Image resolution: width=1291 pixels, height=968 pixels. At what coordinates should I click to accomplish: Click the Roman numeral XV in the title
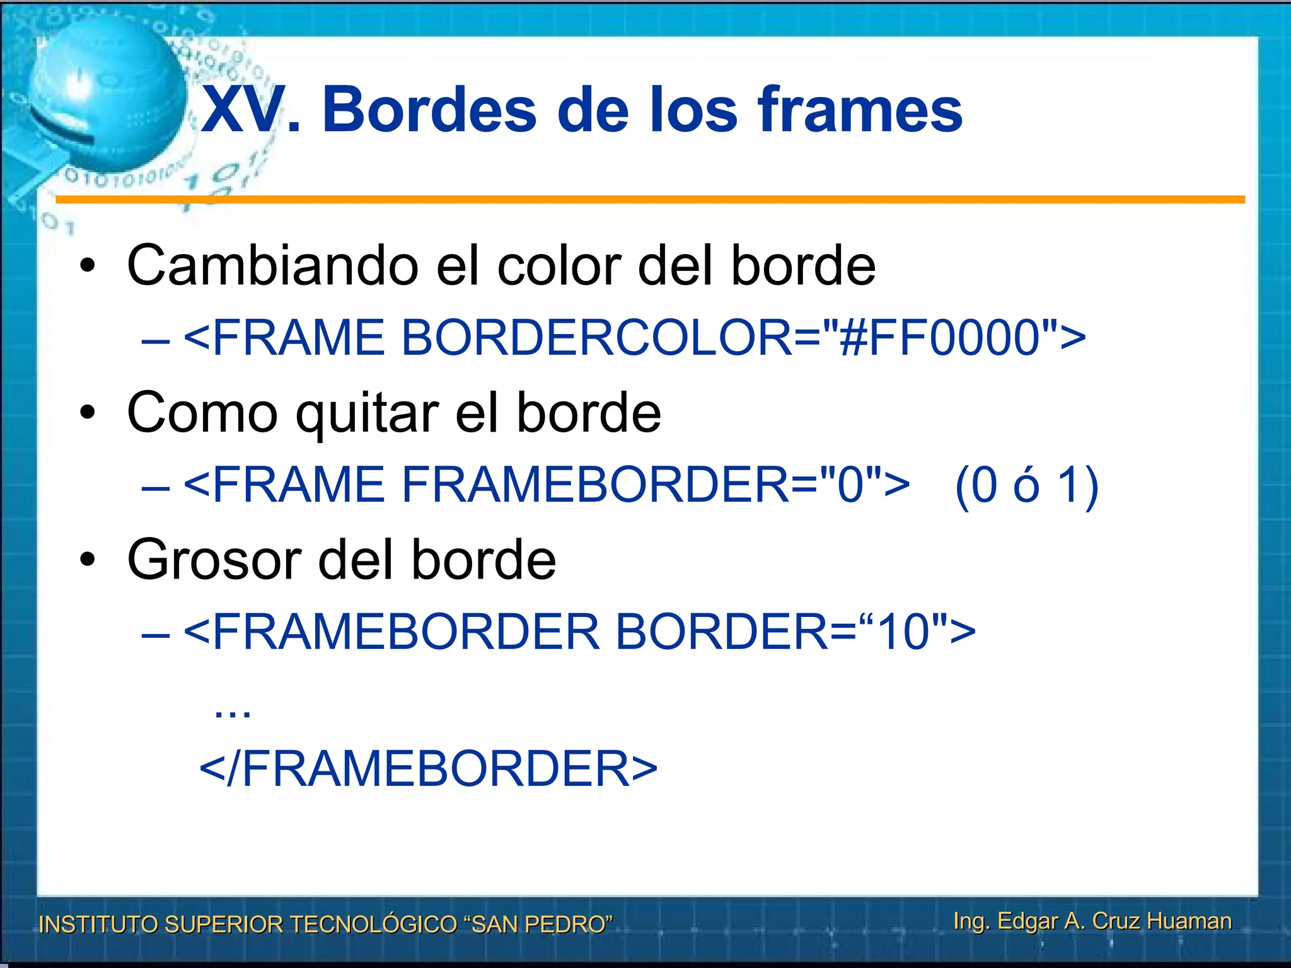click(242, 110)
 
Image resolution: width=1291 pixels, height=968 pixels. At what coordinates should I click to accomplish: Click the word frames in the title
click(860, 110)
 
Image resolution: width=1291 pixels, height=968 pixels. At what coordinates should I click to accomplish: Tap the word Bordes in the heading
click(429, 110)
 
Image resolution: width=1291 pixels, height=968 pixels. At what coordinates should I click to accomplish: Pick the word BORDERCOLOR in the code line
click(596, 337)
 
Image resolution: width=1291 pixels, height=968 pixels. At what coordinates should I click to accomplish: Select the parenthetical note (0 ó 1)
click(1027, 485)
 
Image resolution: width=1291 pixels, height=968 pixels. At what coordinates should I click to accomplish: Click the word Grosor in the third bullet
click(214, 560)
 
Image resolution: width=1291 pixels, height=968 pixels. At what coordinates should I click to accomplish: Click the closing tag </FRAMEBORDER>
click(429, 769)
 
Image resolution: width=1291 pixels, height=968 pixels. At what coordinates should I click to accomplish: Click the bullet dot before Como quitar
click(88, 413)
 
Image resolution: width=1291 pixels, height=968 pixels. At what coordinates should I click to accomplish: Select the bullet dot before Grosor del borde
click(88, 560)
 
